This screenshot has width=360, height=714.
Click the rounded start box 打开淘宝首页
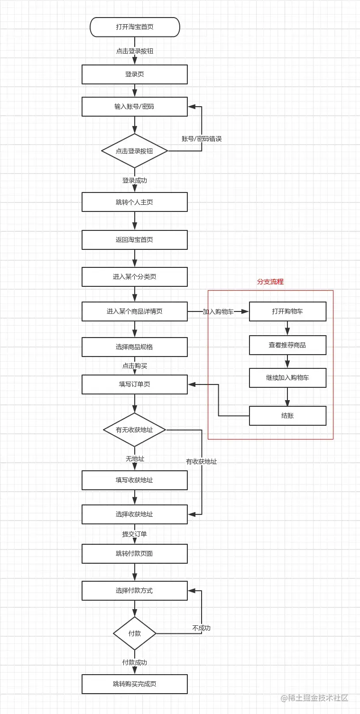(135, 27)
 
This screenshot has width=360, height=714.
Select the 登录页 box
(135, 74)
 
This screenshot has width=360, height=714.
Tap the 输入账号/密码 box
(135, 107)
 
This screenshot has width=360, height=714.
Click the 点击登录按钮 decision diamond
(135, 151)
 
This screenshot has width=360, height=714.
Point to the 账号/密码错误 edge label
(202, 139)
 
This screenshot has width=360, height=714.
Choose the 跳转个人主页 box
(135, 202)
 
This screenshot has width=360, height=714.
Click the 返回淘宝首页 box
(135, 240)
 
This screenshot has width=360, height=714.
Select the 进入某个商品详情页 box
(135, 311)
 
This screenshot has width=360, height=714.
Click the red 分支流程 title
(270, 282)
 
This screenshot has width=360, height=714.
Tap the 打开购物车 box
(287, 311)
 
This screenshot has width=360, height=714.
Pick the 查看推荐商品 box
(287, 345)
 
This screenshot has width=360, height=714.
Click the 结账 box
(287, 416)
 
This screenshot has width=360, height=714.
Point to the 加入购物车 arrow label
(218, 312)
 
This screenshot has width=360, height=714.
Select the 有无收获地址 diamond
(135, 430)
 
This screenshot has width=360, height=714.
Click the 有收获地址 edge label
(202, 461)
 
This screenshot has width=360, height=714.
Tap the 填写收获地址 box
(135, 480)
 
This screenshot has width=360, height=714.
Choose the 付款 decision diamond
(135, 633)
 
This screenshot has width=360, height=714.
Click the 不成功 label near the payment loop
(201, 628)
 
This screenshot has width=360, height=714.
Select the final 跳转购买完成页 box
(135, 684)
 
